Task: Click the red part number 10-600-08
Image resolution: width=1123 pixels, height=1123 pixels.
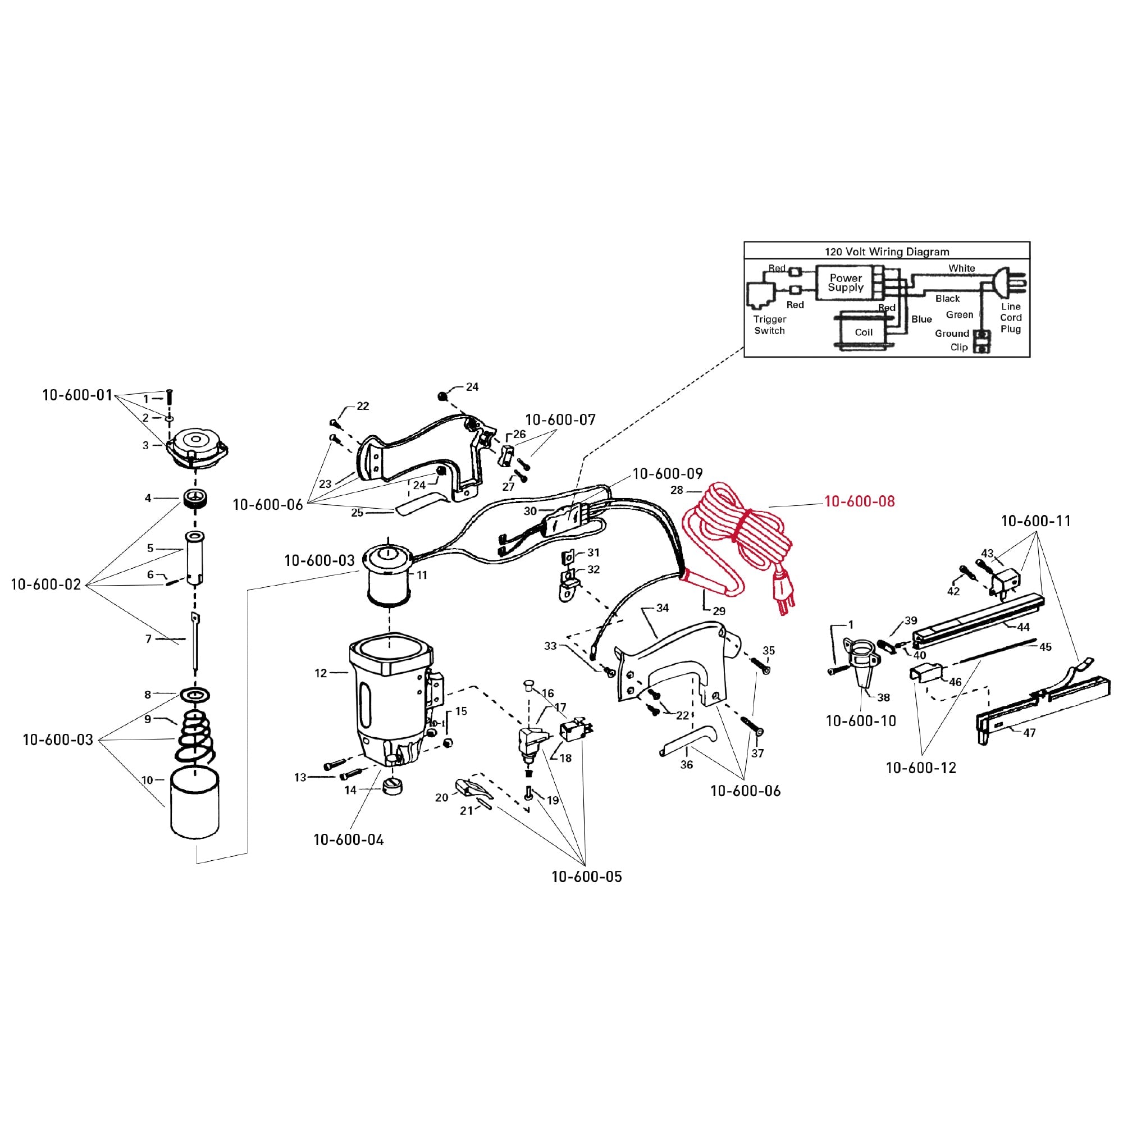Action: tap(859, 501)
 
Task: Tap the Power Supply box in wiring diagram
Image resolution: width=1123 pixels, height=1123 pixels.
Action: tap(846, 282)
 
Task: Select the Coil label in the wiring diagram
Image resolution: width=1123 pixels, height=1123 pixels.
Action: tap(863, 332)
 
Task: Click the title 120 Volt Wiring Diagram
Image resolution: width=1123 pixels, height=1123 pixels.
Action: tap(887, 252)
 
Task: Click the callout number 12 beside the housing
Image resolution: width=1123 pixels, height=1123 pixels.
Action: tap(321, 673)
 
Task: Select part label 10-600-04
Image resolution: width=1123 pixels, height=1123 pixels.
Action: tap(348, 839)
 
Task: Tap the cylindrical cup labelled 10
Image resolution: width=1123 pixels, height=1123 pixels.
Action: tap(195, 804)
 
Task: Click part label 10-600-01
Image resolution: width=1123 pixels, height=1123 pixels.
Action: tap(77, 395)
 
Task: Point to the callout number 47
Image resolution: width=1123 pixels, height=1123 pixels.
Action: tap(1029, 733)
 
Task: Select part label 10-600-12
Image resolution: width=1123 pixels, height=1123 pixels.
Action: tap(921, 768)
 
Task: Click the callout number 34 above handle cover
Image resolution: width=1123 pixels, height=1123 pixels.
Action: tap(663, 608)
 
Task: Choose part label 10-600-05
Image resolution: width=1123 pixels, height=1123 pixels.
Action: tap(587, 876)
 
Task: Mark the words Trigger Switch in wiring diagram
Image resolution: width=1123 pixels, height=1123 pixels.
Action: tap(770, 325)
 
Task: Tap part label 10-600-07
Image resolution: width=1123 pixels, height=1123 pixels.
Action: tap(560, 419)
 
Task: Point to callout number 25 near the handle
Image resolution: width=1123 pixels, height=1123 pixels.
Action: tap(357, 512)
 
